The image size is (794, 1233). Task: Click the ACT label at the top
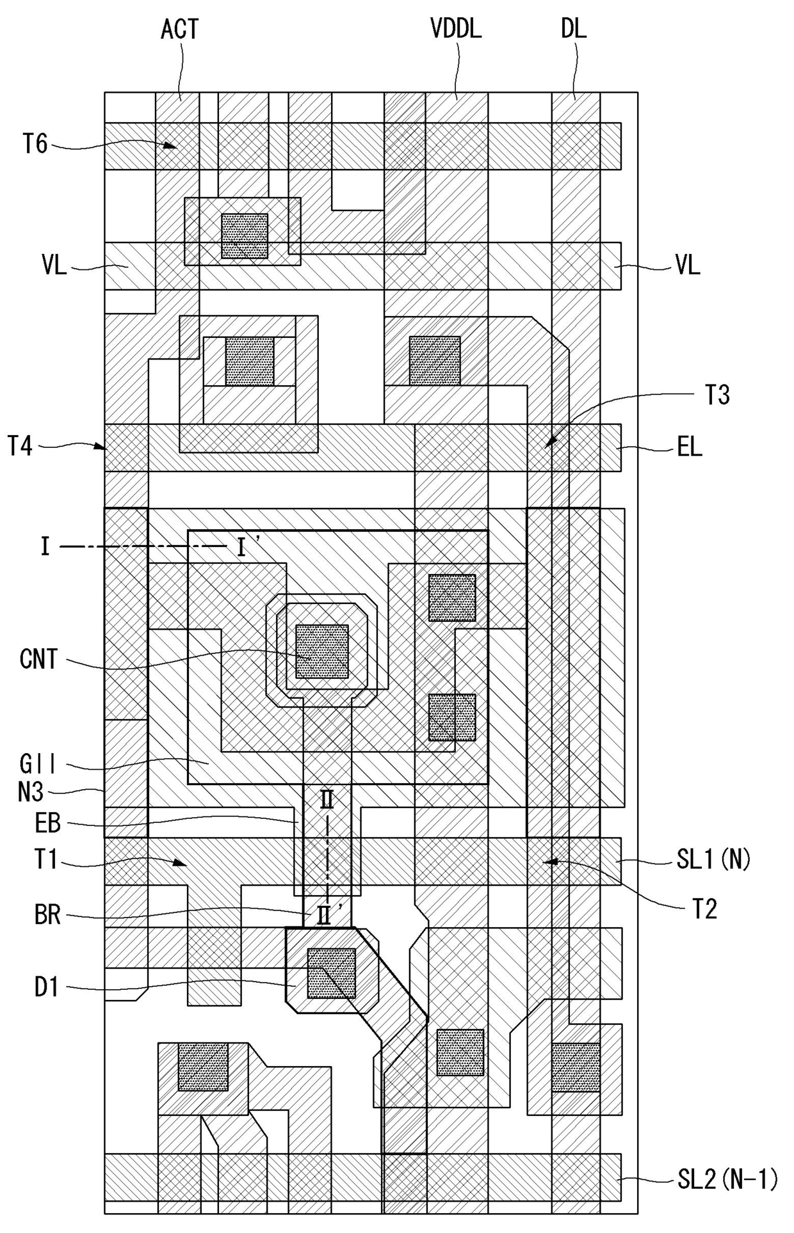tap(179, 29)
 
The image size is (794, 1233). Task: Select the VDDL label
tap(455, 29)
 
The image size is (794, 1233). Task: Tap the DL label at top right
tap(573, 29)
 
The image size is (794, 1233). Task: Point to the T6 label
tap(35, 144)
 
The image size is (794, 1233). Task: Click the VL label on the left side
tap(54, 265)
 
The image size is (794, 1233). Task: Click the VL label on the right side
tap(688, 265)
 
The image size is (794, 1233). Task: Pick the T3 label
tap(717, 395)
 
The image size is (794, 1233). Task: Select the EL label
tap(690, 447)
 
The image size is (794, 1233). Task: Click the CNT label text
tap(38, 659)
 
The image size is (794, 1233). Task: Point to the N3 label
tap(31, 793)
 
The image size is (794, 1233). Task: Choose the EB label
tap(47, 823)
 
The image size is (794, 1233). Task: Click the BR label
tap(47, 915)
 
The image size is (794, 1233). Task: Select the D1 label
tap(46, 987)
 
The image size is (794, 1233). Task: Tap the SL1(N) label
tap(713, 859)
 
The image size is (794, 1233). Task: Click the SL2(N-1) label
tap(727, 1179)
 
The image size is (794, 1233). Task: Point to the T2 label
tap(704, 909)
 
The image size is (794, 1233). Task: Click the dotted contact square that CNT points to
tap(322, 651)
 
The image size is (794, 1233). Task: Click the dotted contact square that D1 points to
tap(331, 973)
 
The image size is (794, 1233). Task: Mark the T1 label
tap(46, 860)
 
